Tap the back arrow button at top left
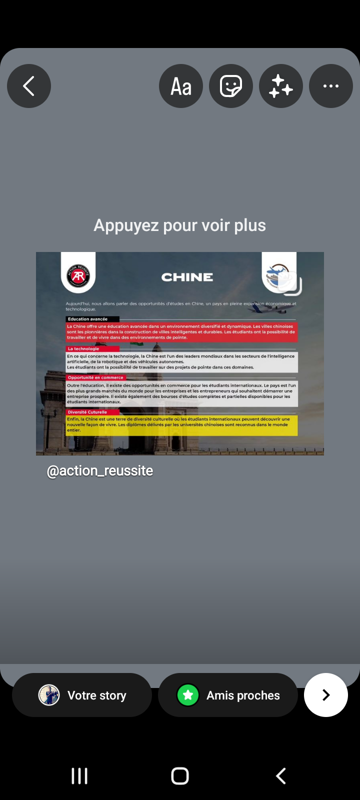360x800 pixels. click(x=29, y=86)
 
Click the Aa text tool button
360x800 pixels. click(x=181, y=86)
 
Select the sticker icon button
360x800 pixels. click(x=231, y=86)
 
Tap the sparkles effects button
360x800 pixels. click(x=281, y=86)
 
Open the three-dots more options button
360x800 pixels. click(x=331, y=86)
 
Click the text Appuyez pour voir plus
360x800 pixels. click(x=180, y=225)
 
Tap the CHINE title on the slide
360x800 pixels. click(x=187, y=277)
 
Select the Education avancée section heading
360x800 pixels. click(x=88, y=319)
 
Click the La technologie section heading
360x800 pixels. click(x=84, y=348)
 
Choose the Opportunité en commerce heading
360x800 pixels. click(x=95, y=377)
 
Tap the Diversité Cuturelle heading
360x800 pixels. click(x=87, y=412)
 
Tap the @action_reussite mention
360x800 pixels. click(x=100, y=471)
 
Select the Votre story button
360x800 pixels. click(x=82, y=695)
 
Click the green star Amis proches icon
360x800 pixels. click(x=188, y=695)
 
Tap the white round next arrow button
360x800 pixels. click(x=326, y=695)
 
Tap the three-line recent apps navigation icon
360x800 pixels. click(x=79, y=776)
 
